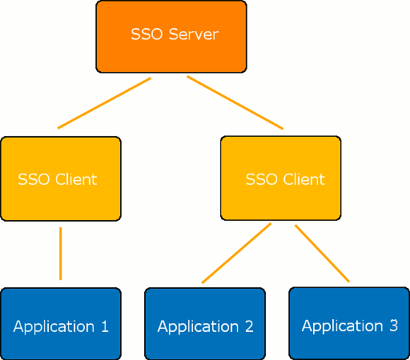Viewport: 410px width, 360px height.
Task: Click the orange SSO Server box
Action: (x=171, y=36)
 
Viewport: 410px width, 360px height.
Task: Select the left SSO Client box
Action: (x=60, y=178)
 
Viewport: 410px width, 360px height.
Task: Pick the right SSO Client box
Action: (x=280, y=178)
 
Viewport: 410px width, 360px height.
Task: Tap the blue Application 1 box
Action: (x=60, y=323)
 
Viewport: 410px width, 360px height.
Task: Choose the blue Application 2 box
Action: (x=204, y=323)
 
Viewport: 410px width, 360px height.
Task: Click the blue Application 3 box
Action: (x=348, y=323)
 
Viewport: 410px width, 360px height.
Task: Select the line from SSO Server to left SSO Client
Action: (x=104, y=103)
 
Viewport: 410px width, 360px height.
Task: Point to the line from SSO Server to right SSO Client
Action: (x=235, y=102)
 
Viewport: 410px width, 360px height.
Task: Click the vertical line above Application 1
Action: (x=60, y=254)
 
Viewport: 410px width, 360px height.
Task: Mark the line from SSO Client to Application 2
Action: (x=236, y=254)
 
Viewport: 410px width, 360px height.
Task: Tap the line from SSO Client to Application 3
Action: (x=323, y=254)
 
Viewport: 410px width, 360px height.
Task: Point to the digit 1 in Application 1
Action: (x=103, y=326)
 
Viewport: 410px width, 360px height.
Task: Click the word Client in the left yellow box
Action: (x=76, y=179)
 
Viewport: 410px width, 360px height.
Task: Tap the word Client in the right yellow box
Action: (x=303, y=179)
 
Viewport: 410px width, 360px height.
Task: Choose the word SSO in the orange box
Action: (x=145, y=35)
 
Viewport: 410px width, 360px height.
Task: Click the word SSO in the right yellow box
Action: (x=260, y=179)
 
